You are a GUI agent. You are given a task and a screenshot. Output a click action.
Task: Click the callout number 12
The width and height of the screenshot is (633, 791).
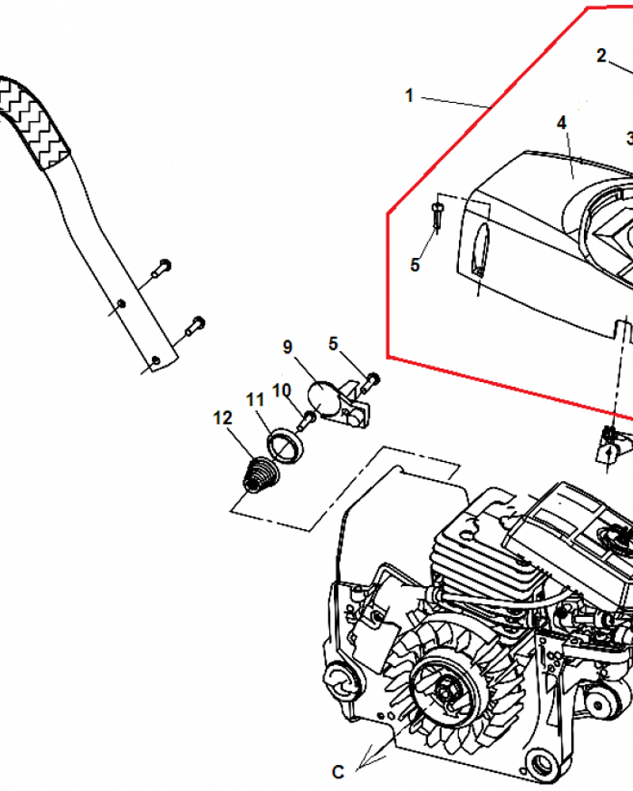(222, 418)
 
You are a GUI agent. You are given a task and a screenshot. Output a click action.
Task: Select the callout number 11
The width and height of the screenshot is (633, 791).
(255, 399)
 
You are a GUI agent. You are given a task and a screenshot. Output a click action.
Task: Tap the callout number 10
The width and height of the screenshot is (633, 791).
(282, 390)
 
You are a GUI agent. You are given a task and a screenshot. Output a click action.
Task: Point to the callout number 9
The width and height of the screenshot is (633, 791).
(287, 346)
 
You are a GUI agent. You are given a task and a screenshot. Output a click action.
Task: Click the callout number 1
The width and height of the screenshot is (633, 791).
(409, 96)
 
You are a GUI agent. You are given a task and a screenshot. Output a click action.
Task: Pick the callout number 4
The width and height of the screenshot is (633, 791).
(561, 123)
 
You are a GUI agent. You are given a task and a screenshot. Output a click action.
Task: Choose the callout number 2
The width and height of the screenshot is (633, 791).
(601, 55)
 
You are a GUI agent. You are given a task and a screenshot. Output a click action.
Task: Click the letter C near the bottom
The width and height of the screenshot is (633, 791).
(338, 772)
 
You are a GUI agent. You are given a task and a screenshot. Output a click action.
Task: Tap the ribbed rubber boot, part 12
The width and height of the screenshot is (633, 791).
(260, 475)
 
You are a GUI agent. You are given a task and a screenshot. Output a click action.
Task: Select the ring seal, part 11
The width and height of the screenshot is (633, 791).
(286, 445)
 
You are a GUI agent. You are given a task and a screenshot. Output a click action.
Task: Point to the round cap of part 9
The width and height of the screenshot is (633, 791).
(323, 398)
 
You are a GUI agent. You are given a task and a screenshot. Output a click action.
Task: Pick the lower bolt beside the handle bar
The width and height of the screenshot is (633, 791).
(195, 326)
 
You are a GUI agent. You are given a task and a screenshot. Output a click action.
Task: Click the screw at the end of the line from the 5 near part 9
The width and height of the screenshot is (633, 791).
(370, 382)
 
